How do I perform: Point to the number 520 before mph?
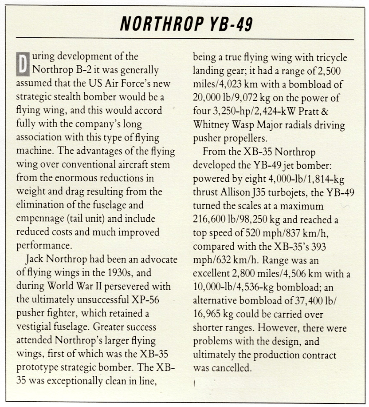click(x=245, y=234)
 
